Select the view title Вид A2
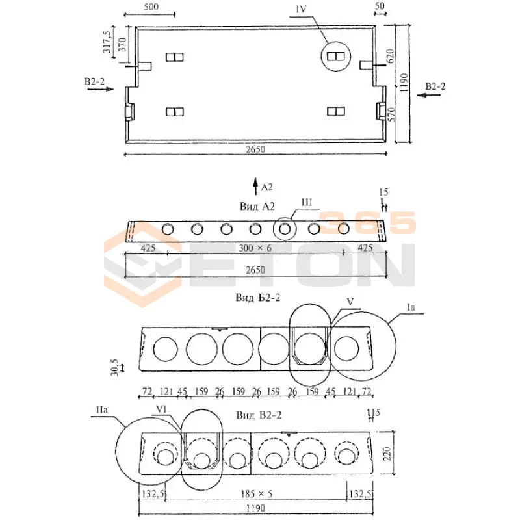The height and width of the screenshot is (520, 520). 258,206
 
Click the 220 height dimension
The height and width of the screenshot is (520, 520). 389,452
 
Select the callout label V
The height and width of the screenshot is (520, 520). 350,302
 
